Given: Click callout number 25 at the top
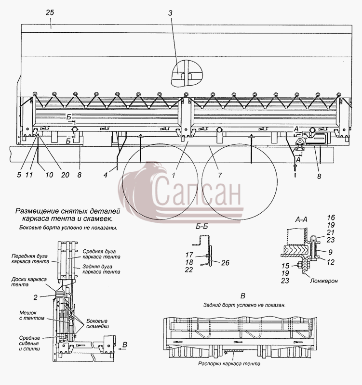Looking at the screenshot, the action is (x=50, y=13).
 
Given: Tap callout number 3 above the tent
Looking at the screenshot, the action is (x=170, y=13).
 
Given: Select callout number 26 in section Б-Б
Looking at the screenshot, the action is (x=225, y=263).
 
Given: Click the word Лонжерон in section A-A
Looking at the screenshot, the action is (x=323, y=281).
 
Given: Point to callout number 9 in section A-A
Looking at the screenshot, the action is (x=330, y=252).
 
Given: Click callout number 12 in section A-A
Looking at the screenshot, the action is (x=331, y=262).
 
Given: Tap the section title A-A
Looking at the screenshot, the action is (x=301, y=219).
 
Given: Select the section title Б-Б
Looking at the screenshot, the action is (x=202, y=226).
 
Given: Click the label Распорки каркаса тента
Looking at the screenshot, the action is (x=229, y=363).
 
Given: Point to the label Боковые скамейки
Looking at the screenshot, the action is (x=98, y=323).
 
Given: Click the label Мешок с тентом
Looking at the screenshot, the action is (x=32, y=315).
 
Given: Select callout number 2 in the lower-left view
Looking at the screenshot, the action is (x=35, y=297).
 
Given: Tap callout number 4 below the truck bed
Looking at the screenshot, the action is (x=105, y=175).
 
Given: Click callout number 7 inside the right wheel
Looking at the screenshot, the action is (x=220, y=175).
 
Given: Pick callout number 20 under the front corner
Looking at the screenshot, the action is (x=65, y=175).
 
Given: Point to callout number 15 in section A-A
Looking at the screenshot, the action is (x=285, y=266).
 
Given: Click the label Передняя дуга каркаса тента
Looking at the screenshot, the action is (x=30, y=259).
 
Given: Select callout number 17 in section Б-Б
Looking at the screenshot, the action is (x=189, y=255).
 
